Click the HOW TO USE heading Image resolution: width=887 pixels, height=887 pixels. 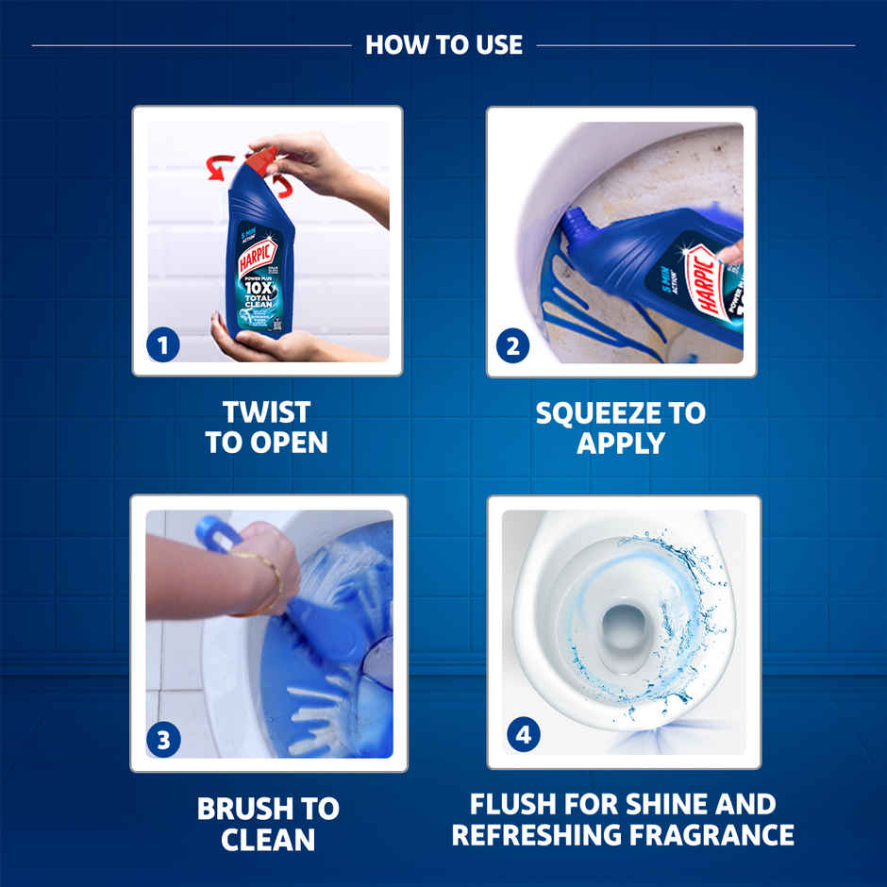point(443,44)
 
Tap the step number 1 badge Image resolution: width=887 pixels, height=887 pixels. point(162,345)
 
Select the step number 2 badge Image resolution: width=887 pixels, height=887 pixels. point(512,346)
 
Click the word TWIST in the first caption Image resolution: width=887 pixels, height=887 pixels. point(267,413)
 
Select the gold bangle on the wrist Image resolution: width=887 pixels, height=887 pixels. point(268,580)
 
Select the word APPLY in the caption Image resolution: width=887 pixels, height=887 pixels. point(620,443)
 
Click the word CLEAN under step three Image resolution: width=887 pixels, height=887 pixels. point(268,839)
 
